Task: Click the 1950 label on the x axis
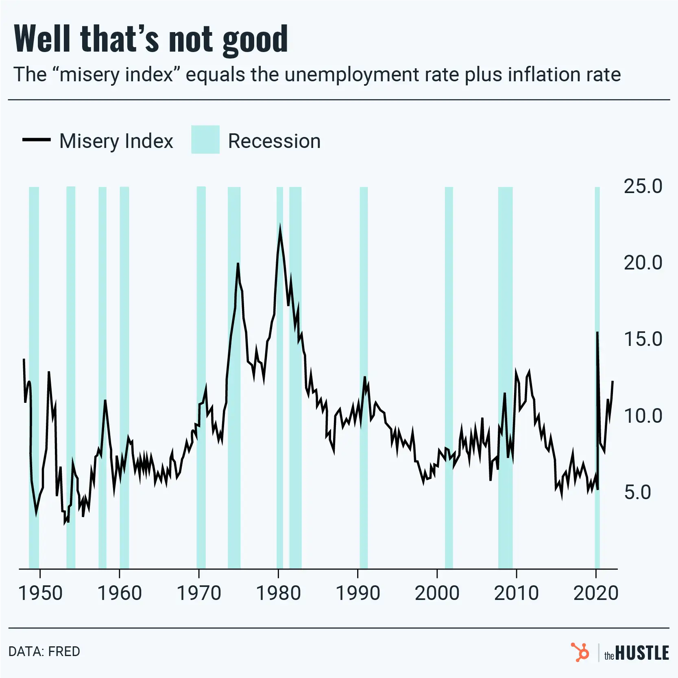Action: (40, 593)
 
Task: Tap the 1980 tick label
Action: (278, 593)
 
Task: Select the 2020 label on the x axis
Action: (596, 593)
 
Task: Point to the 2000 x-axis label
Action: (437, 593)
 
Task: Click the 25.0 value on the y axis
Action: (643, 186)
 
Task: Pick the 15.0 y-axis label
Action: (643, 339)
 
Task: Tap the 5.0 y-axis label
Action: (637, 492)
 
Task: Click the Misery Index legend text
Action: (116, 141)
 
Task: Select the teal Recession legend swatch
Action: (205, 139)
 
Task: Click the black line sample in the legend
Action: (36, 140)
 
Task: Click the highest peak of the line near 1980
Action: (280, 227)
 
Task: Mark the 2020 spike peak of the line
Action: (597, 332)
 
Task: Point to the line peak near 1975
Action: (238, 264)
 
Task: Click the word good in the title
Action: (255, 39)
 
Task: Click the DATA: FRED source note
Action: (44, 651)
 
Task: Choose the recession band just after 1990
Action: (364, 378)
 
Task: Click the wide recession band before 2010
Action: (505, 378)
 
